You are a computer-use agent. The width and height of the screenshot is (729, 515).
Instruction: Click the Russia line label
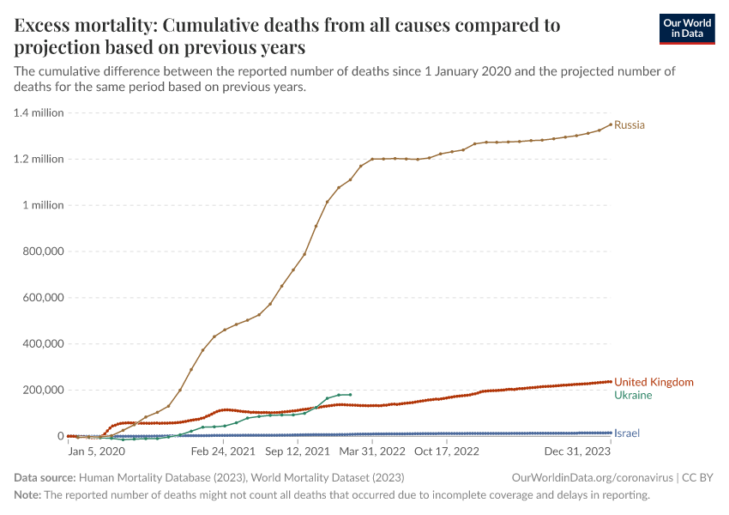click(630, 125)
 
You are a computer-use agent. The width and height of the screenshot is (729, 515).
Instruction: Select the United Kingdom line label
click(654, 382)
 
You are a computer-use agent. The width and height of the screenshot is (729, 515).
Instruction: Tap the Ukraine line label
click(633, 396)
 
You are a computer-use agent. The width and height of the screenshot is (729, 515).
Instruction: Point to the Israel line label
click(626, 433)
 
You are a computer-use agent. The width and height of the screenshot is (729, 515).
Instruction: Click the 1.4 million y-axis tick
click(39, 112)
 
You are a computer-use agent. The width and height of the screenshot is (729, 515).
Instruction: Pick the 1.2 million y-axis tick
click(39, 159)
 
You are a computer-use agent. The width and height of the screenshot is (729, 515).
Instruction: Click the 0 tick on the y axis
click(60, 436)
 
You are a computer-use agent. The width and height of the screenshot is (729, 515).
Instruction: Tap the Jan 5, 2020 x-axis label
click(97, 451)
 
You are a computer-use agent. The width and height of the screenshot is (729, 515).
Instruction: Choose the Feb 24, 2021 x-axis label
click(224, 451)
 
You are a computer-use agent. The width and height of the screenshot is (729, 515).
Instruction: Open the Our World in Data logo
click(687, 28)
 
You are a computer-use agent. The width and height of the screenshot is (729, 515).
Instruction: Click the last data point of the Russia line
click(611, 124)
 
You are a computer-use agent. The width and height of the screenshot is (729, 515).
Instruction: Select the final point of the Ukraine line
click(350, 395)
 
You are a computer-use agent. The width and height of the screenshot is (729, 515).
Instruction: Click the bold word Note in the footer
click(27, 495)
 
